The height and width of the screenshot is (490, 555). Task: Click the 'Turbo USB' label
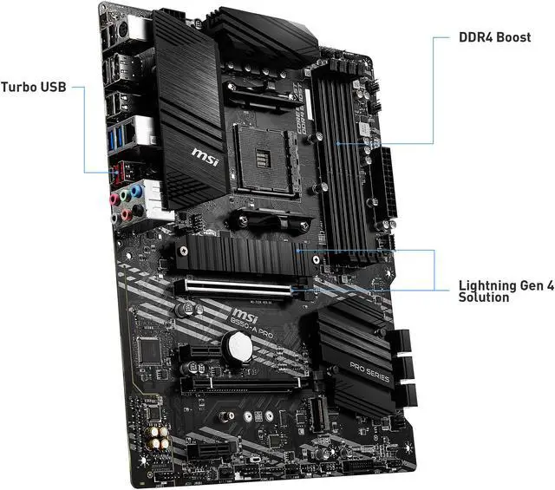coord(32,87)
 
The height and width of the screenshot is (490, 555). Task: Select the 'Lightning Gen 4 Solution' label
coord(505,291)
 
